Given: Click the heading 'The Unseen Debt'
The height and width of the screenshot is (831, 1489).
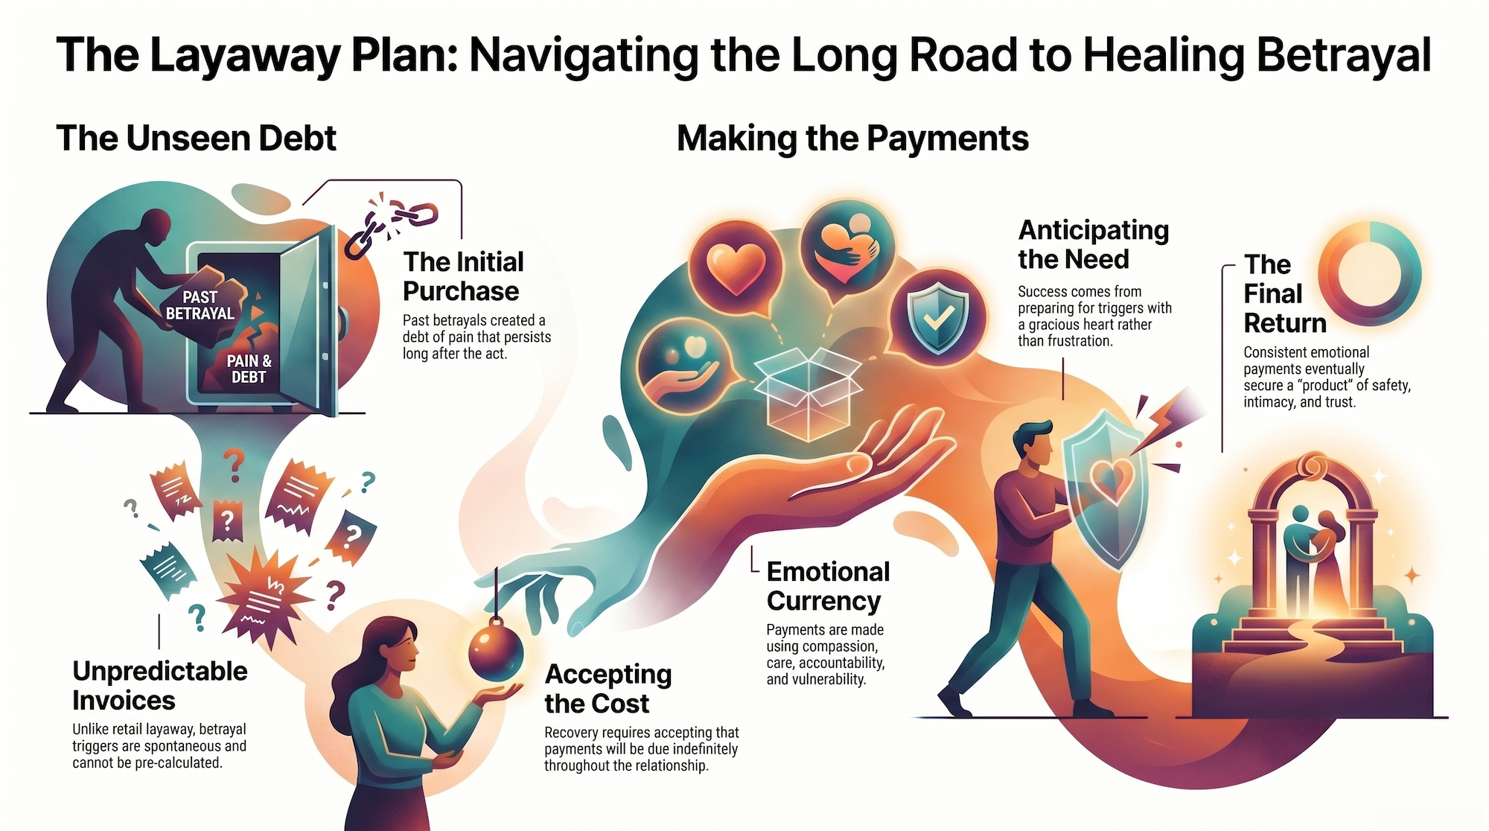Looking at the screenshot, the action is click(196, 138).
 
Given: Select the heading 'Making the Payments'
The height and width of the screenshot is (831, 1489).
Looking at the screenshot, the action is click(852, 138).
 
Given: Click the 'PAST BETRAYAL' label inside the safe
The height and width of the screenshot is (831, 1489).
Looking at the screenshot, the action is click(200, 305).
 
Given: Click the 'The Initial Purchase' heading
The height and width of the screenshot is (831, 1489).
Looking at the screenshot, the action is click(462, 276).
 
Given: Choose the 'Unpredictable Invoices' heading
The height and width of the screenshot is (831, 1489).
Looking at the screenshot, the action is click(159, 686).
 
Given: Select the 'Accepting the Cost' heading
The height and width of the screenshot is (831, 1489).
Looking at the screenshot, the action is click(608, 689).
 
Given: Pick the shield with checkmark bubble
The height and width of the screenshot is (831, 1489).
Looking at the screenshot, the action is click(937, 316).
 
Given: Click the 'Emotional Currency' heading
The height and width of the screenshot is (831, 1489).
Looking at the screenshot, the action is click(827, 586).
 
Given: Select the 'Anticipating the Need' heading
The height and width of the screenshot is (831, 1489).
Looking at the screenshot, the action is click(1093, 244).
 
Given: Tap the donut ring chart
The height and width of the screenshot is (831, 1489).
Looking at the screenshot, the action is click(1369, 274).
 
